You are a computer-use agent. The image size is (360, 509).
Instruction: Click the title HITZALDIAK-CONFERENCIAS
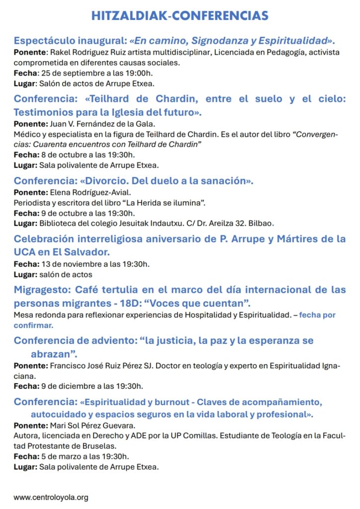pos(180,16)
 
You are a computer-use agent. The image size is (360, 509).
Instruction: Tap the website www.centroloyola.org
pos(51,497)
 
